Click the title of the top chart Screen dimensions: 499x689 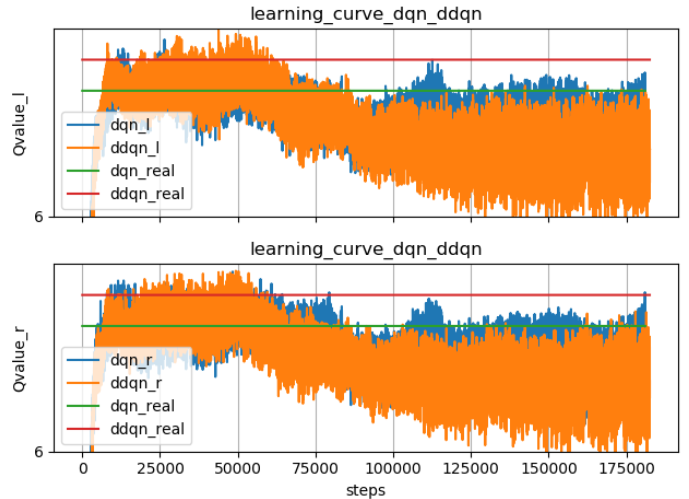pyautogui.click(x=366, y=14)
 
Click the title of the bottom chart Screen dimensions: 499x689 pyautogui.click(x=366, y=249)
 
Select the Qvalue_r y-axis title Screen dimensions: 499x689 pyautogui.click(x=20, y=359)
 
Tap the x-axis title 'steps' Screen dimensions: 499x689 pyautogui.click(x=366, y=490)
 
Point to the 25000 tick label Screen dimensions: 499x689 pyautogui.click(x=160, y=469)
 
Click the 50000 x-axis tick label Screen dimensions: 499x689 pyautogui.click(x=238, y=469)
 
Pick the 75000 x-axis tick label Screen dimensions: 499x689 pyautogui.click(x=315, y=469)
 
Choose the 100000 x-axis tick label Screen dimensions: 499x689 pyautogui.click(x=393, y=469)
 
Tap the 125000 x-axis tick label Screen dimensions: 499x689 pyautogui.click(x=471, y=469)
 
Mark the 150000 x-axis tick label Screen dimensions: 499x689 pyautogui.click(x=549, y=469)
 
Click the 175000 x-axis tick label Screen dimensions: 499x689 pyautogui.click(x=627, y=469)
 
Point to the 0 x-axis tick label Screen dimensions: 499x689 pyautogui.click(x=83, y=469)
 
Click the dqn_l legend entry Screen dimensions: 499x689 pyautogui.click(x=130, y=125)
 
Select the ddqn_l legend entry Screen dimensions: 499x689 pyautogui.click(x=135, y=148)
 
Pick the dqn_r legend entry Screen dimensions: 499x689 pyautogui.click(x=131, y=360)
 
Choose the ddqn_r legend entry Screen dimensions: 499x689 pyautogui.click(x=136, y=383)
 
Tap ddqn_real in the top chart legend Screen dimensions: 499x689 pyautogui.click(x=147, y=194)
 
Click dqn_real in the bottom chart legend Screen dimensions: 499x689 pyautogui.click(x=142, y=406)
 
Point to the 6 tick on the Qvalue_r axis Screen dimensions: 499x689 pyautogui.click(x=39, y=452)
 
